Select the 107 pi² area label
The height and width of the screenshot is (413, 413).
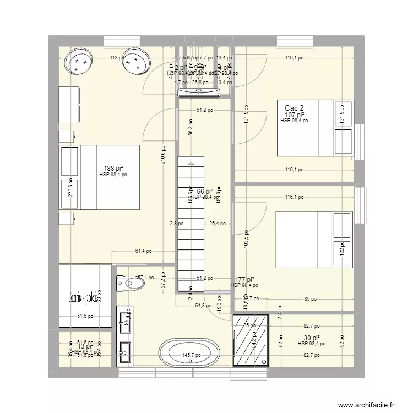click(295, 115)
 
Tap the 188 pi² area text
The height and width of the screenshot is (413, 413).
click(113, 169)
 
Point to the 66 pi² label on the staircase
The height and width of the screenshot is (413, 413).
click(204, 191)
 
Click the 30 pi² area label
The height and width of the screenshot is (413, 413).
click(312, 338)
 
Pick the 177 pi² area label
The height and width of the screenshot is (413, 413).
click(244, 280)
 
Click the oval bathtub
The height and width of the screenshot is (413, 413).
click(189, 352)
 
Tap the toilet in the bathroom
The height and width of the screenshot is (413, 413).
click(131, 284)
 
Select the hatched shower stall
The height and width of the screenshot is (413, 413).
click(252, 340)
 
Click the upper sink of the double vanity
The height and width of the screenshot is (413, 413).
click(124, 318)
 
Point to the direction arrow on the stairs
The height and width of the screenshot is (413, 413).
click(191, 164)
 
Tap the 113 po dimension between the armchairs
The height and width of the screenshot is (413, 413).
click(115, 57)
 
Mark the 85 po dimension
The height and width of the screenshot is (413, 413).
click(310, 300)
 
